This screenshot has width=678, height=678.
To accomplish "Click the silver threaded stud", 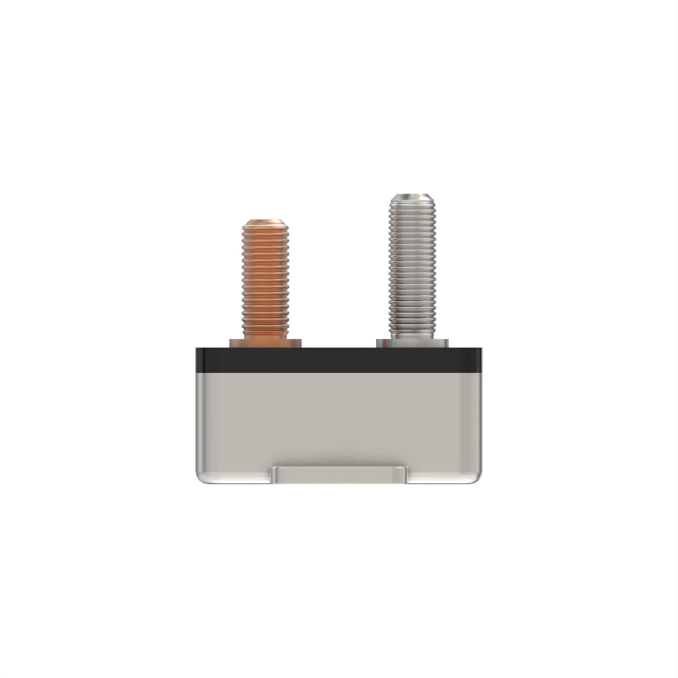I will (412, 267).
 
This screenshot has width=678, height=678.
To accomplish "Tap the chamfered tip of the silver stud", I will (412, 197).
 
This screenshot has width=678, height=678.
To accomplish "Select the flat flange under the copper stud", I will (265, 343).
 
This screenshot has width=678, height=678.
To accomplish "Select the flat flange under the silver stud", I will (412, 343).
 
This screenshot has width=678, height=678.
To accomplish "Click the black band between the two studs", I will (339, 360).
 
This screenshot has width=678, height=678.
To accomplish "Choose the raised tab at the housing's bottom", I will (339, 476).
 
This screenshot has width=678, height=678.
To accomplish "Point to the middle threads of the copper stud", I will (265, 277).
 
